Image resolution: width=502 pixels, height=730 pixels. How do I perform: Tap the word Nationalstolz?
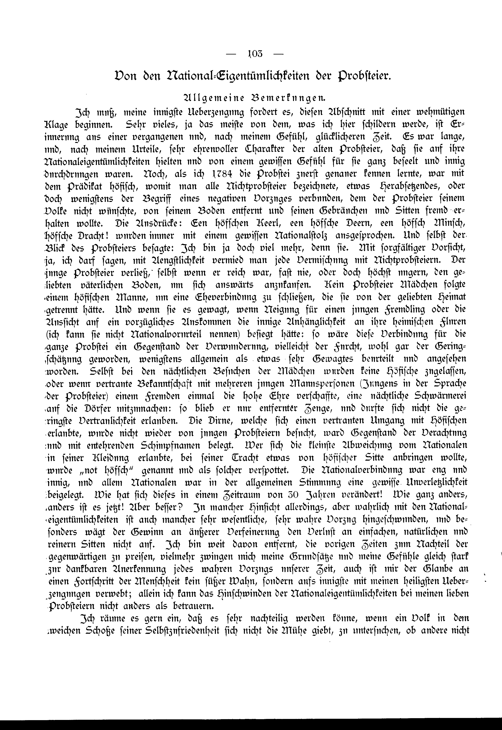pyautogui.click(x=299, y=236)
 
